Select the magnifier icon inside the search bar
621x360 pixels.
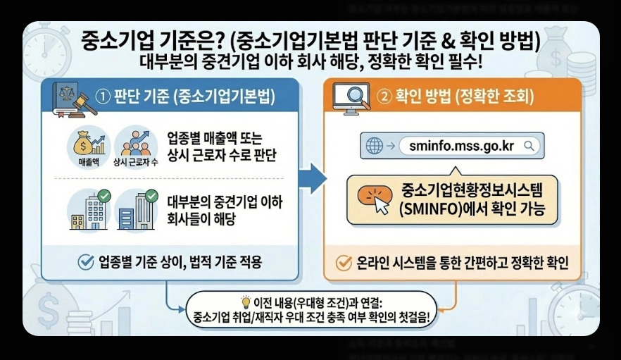click(529, 146)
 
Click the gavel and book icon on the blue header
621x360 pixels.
click(69, 95)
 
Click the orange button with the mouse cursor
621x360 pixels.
click(375, 198)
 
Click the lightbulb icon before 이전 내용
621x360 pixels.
click(246, 302)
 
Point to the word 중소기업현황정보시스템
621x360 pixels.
click(466, 189)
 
